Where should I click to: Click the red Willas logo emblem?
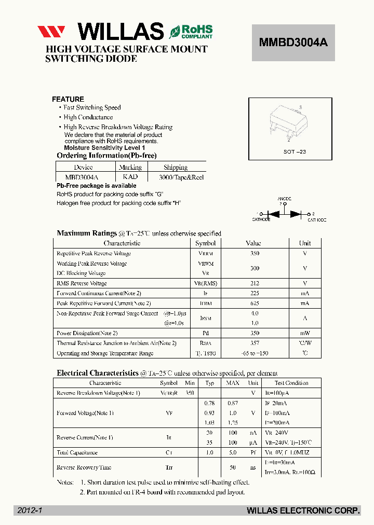[51, 32]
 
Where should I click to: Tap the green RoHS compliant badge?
[191, 32]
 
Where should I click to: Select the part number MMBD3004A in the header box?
[293, 43]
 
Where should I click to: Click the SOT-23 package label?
[295, 151]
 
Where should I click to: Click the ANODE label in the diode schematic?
[284, 199]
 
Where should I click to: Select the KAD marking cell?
[130, 177]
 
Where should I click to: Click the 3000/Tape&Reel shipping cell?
[176, 177]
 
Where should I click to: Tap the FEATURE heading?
[68, 99]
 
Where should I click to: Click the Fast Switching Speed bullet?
[92, 108]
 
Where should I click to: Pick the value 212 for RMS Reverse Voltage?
[254, 283]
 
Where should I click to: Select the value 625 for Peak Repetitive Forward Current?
[254, 303]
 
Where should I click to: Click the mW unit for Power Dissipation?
[304, 333]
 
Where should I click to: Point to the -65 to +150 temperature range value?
[254, 353]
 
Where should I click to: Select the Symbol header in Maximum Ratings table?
[205, 243]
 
